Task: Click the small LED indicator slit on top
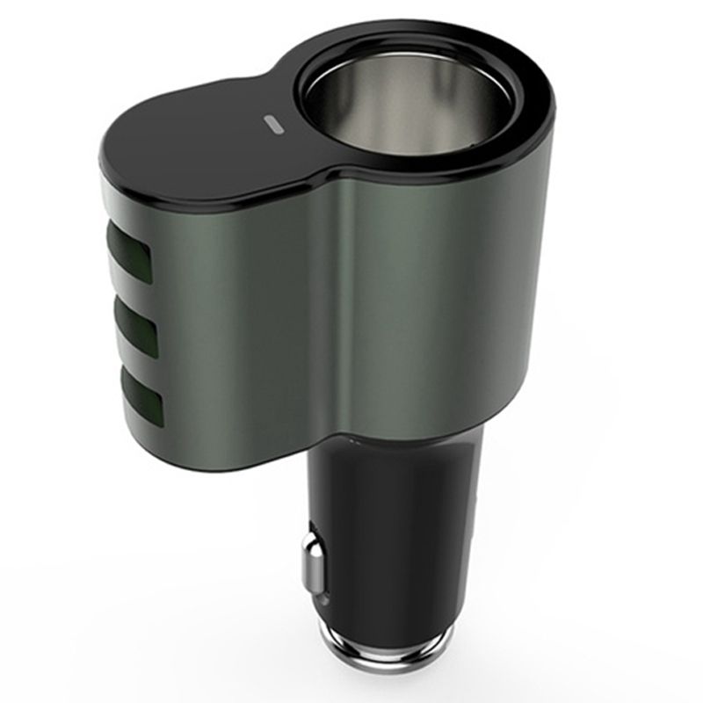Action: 273,124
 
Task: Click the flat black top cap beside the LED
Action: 193,145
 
